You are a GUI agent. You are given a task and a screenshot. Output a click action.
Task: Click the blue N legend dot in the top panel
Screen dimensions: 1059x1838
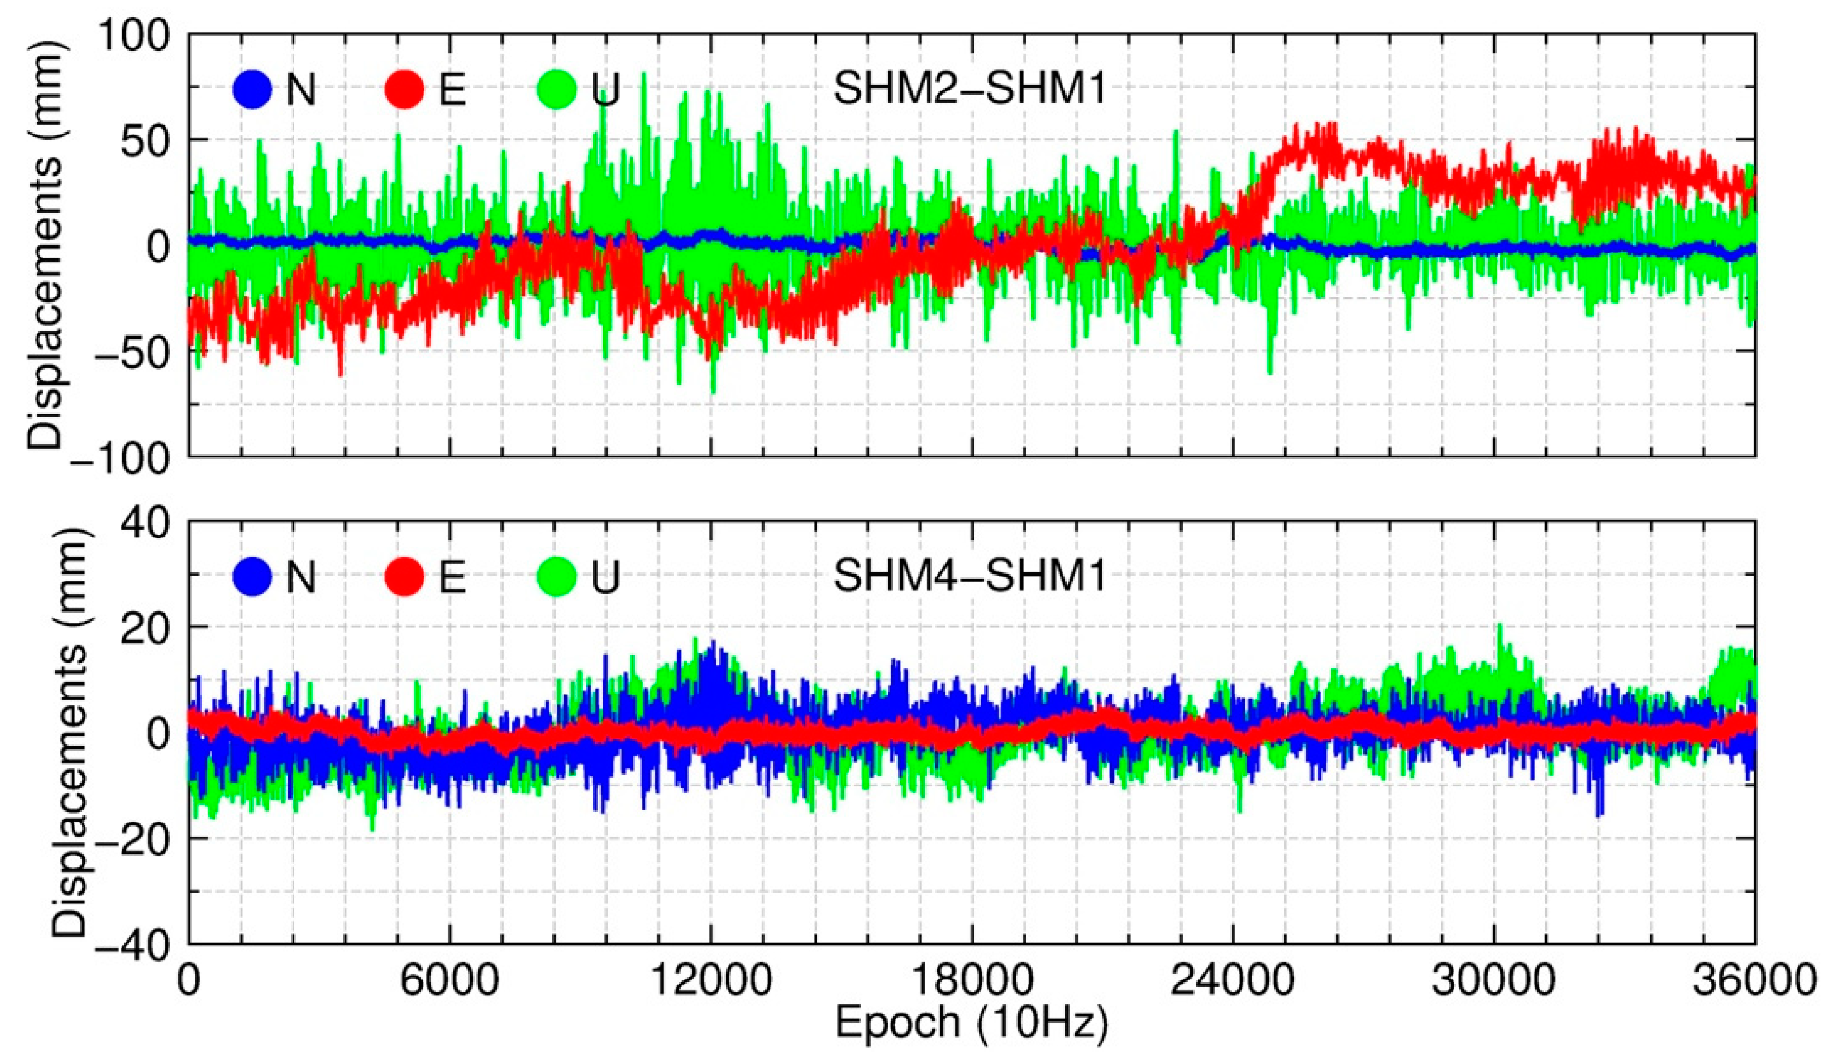click(x=252, y=90)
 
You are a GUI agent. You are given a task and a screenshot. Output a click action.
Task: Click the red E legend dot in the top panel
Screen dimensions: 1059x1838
click(x=405, y=90)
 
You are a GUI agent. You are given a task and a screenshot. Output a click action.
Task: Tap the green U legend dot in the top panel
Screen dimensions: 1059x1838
click(x=557, y=90)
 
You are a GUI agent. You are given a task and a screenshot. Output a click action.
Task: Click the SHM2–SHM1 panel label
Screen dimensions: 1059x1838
click(x=969, y=90)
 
